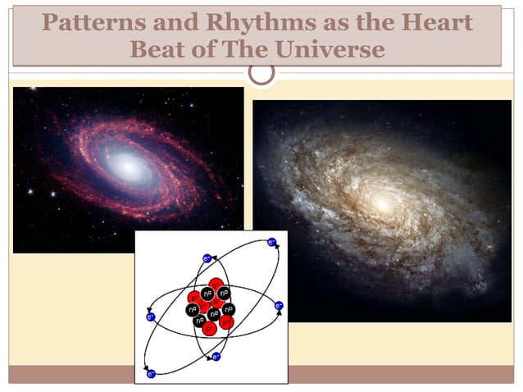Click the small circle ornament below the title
261,73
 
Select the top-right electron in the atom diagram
271,243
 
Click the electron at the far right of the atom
279,306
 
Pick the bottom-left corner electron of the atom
151,374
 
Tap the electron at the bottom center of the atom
216,357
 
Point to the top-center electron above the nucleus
207,258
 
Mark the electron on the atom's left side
150,316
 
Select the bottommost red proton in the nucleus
210,328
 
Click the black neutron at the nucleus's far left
191,310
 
